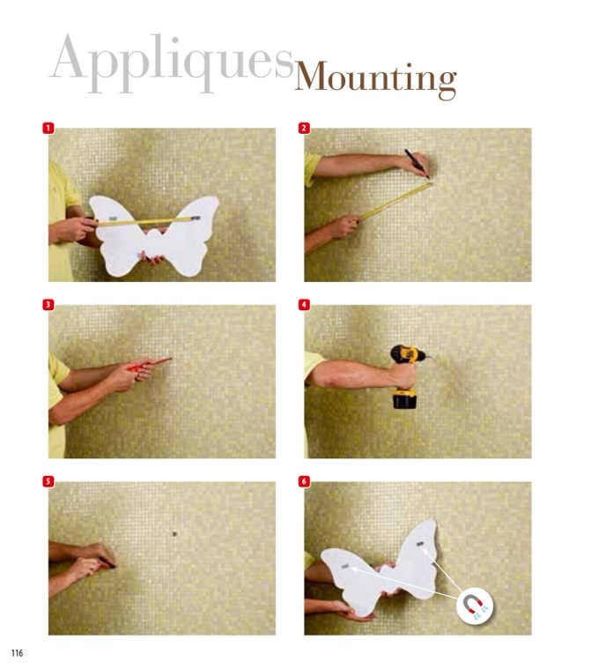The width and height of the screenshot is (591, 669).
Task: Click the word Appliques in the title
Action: pos(173,63)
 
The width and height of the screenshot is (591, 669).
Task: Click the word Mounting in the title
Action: pos(376,79)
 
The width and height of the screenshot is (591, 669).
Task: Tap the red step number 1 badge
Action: pos(48,128)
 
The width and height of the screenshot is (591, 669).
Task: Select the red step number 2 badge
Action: pos(304,128)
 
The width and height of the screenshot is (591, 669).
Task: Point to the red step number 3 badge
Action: pos(48,305)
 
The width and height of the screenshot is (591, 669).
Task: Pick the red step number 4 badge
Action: pos(304,305)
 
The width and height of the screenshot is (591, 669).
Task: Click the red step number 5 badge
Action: pos(48,481)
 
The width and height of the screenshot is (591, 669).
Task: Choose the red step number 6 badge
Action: pos(304,481)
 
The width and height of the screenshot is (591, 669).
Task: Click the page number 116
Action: pos(17,653)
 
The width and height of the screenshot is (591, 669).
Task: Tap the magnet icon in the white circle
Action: pos(474,605)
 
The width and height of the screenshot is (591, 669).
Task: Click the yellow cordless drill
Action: pos(407,375)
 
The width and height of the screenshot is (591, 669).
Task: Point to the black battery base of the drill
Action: pos(404,400)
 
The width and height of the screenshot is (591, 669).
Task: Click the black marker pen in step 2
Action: pos(417,163)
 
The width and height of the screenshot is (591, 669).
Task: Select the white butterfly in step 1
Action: pos(153,236)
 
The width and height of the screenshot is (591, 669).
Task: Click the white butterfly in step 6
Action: pos(380,566)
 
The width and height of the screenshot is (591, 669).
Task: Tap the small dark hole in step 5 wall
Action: pos(174,533)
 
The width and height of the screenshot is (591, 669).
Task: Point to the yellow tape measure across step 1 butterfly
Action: pos(146,220)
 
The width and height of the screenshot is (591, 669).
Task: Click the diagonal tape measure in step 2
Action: pos(395,201)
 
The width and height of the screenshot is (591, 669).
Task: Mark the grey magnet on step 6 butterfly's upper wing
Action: pos(419,545)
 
